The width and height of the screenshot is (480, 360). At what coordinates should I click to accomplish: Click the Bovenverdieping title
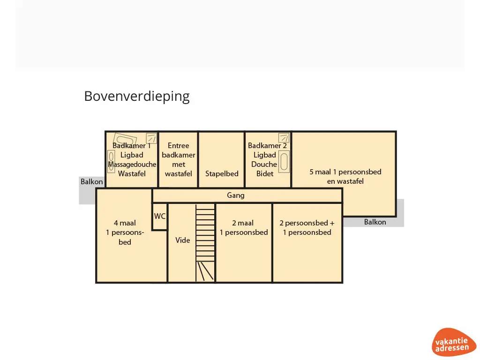coord(137,96)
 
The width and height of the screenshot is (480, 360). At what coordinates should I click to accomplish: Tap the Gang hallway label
coord(236,195)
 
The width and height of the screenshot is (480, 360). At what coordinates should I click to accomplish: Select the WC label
coord(160,217)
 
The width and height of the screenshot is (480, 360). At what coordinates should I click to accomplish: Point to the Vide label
coord(182,240)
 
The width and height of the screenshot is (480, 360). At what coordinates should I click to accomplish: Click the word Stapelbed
coord(222,173)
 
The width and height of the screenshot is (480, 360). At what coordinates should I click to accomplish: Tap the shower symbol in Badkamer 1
coord(151,138)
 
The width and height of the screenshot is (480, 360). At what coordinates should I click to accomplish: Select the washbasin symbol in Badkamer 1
coord(111,162)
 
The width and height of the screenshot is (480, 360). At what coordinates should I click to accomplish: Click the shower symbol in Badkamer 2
coord(284,138)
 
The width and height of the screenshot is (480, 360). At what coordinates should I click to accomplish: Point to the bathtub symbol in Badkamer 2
coord(284,161)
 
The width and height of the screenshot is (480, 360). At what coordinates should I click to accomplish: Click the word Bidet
coord(265,173)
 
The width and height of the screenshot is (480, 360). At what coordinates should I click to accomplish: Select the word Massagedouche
coord(132,165)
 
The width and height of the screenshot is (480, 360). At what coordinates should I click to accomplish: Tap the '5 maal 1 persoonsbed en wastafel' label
coord(345,176)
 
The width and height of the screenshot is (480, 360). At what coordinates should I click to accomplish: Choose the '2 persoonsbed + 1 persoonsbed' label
coord(307,228)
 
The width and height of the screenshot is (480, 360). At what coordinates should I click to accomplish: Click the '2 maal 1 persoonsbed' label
coord(244,228)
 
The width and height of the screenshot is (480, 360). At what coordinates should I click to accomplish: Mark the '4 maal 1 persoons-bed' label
coord(125,232)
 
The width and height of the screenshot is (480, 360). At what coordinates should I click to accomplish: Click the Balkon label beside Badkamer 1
coord(91,181)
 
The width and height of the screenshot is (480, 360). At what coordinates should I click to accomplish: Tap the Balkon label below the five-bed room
coord(375,222)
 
